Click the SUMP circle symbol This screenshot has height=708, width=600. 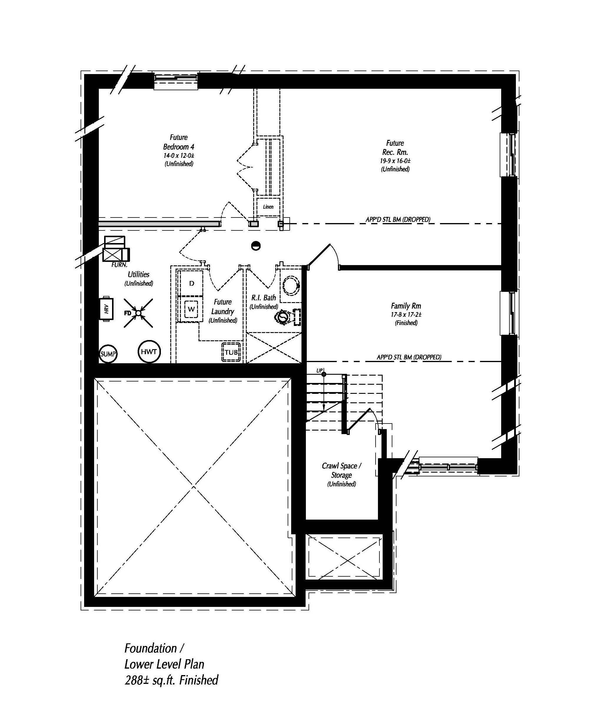pyautogui.click(x=108, y=354)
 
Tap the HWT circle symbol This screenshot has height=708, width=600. pyautogui.click(x=149, y=352)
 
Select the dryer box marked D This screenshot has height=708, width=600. pyautogui.click(x=191, y=283)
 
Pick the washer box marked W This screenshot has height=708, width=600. pyautogui.click(x=191, y=309)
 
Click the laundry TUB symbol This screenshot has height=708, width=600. pyautogui.click(x=231, y=352)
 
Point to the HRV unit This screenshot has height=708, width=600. pyautogui.click(x=106, y=309)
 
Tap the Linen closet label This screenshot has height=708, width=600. pyautogui.click(x=268, y=207)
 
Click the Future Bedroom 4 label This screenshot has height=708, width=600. pyautogui.click(x=179, y=142)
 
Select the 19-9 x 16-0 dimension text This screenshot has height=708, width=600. pyautogui.click(x=395, y=161)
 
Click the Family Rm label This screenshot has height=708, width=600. pyautogui.click(x=406, y=306)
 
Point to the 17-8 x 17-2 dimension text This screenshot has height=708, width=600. pyautogui.click(x=406, y=315)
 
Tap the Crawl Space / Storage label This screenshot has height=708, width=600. pyautogui.click(x=341, y=471)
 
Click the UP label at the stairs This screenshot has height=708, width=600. pyautogui.click(x=319, y=371)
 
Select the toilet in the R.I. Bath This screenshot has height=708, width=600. pyautogui.click(x=283, y=317)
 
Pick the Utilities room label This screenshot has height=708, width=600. pyautogui.click(x=139, y=274)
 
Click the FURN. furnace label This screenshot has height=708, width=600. pyautogui.click(x=119, y=265)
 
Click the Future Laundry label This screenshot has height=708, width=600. pyautogui.click(x=223, y=307)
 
